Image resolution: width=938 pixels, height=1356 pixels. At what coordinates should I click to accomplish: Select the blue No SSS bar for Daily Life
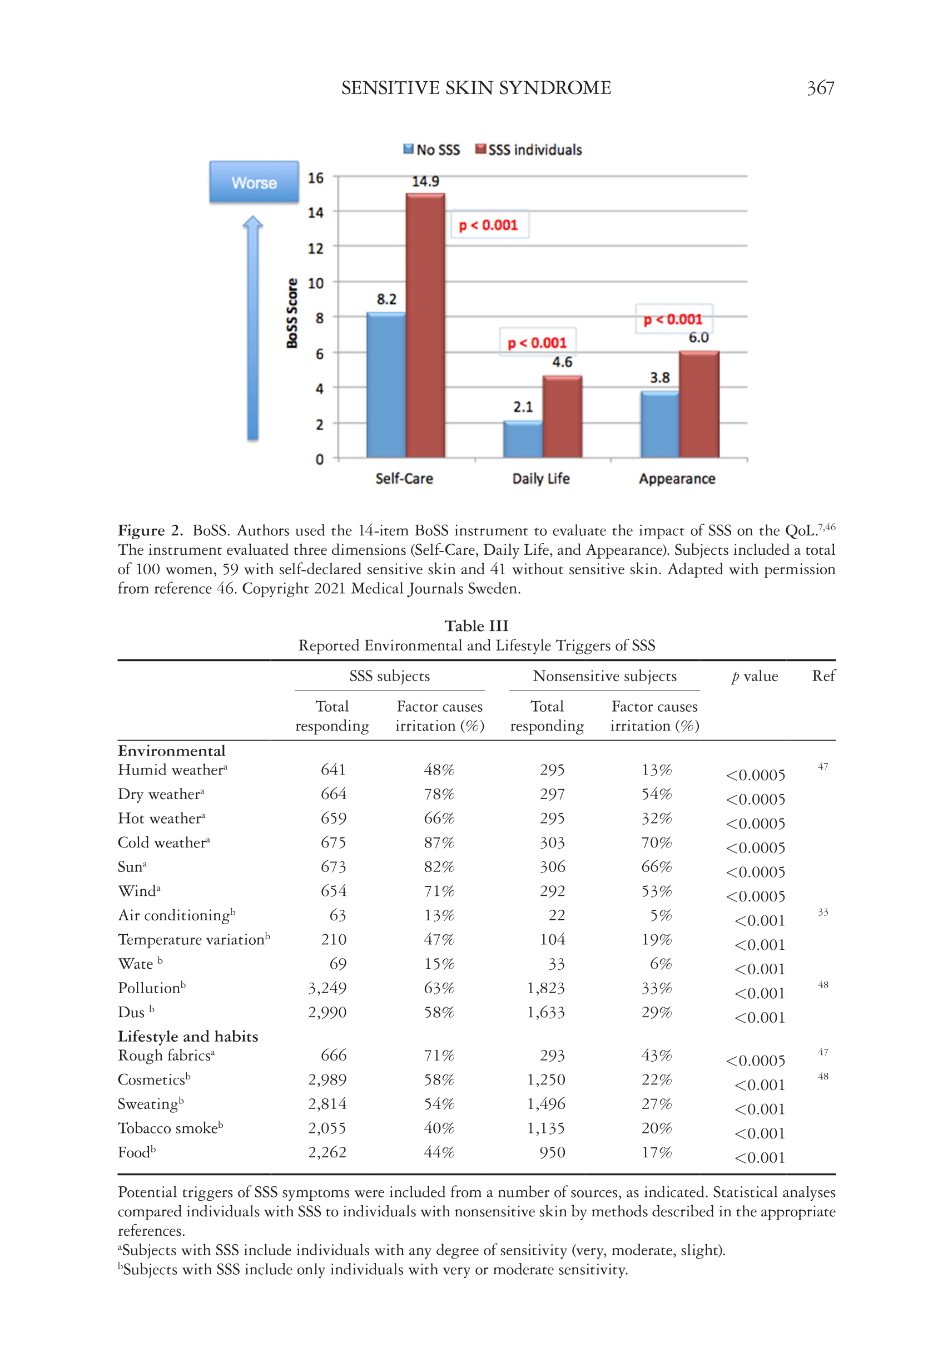523,439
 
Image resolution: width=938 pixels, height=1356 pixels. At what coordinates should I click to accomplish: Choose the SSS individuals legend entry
528,150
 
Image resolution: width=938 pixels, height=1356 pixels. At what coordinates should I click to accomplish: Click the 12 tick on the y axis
316,248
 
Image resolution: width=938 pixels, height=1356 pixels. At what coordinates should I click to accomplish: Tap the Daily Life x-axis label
540,479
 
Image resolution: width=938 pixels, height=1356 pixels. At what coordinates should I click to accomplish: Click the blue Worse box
254,183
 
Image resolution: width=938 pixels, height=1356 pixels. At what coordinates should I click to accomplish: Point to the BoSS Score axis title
292,313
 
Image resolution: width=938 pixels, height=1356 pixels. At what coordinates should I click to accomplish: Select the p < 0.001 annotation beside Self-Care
488,225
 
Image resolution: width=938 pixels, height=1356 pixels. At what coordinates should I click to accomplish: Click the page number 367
820,88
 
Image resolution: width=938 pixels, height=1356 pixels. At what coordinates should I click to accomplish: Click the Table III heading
476,625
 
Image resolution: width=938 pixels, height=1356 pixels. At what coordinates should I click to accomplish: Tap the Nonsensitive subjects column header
604,676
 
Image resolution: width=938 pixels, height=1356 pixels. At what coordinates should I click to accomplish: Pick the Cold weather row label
163,842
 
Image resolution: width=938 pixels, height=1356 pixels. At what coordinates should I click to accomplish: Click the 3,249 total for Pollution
327,988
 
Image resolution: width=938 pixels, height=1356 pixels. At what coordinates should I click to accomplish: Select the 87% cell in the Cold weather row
439,842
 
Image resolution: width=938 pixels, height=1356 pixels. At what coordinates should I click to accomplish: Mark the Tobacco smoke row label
170,1128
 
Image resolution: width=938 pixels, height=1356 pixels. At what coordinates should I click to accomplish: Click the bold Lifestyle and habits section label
187,1036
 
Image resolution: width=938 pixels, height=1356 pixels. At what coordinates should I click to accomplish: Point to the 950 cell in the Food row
552,1152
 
